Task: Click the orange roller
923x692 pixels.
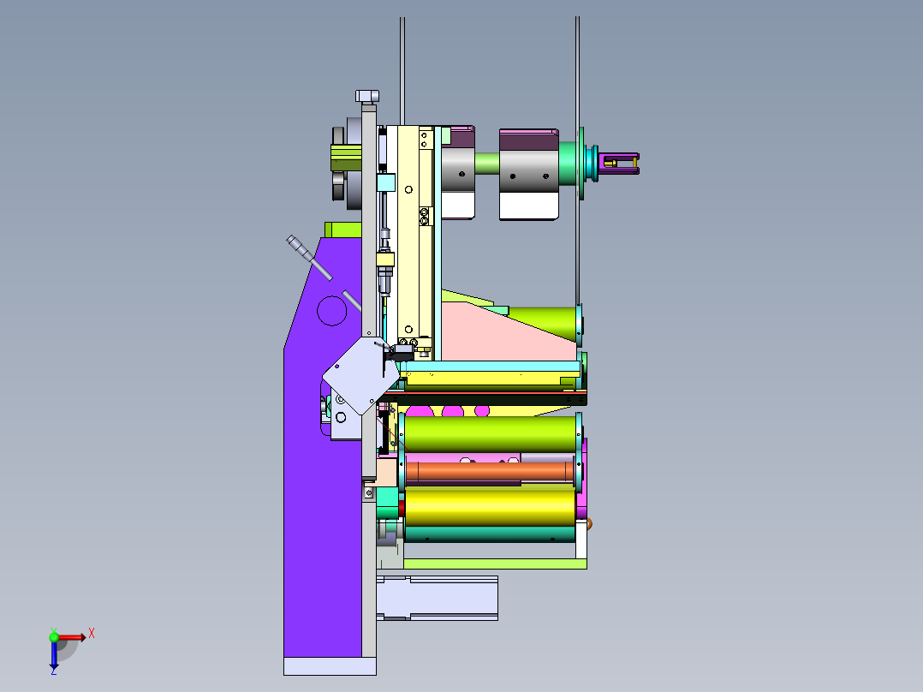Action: pyautogui.click(x=490, y=471)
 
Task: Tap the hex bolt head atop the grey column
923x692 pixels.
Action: pyautogui.click(x=367, y=96)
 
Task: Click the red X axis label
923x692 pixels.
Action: pyautogui.click(x=92, y=634)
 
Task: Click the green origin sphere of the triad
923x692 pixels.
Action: pyautogui.click(x=54, y=636)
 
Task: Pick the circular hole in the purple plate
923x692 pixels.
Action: pyautogui.click(x=332, y=310)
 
